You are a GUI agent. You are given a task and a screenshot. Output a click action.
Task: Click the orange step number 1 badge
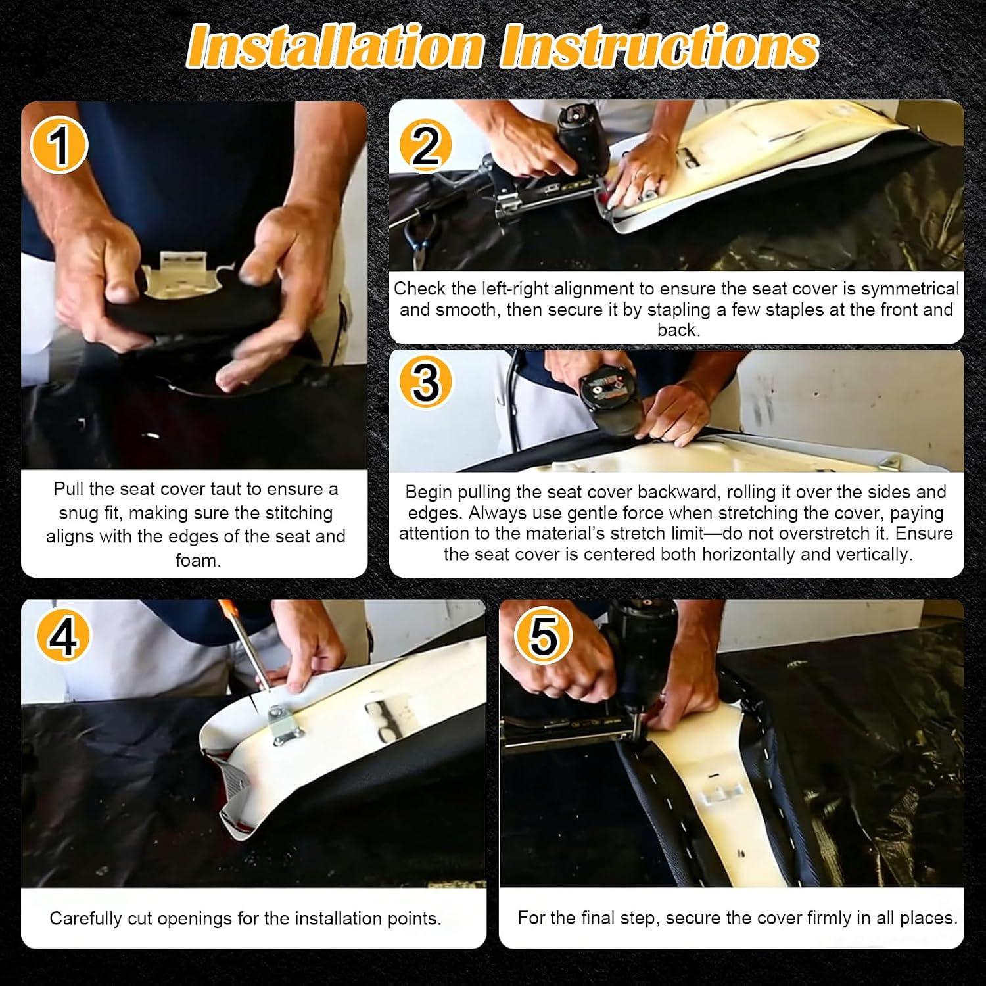tap(59, 145)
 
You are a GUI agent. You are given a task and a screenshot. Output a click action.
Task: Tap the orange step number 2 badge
tap(425, 145)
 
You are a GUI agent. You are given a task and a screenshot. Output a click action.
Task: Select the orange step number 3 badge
tap(426, 381)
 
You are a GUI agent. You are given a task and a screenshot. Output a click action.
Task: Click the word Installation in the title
tap(336, 47)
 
